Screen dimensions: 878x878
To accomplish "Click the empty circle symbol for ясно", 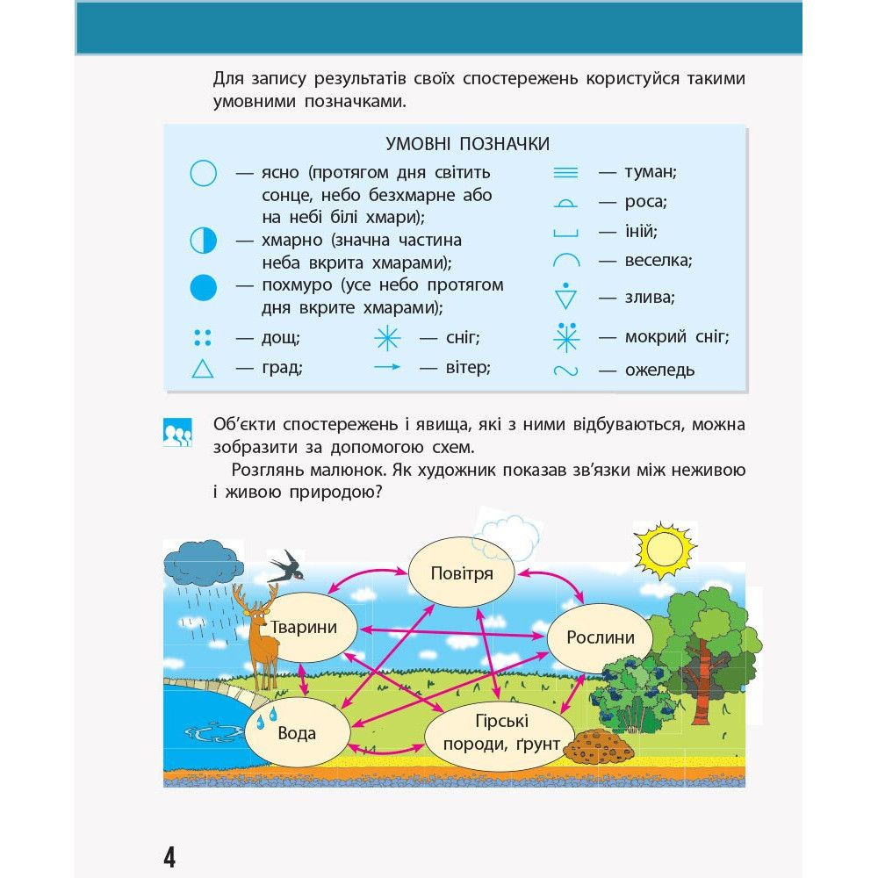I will (203, 173).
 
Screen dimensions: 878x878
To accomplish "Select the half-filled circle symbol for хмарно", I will (203, 241).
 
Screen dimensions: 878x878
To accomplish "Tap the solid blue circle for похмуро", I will (203, 286).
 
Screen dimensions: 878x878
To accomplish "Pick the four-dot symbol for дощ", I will (203, 336).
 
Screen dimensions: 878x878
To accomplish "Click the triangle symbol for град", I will (203, 369).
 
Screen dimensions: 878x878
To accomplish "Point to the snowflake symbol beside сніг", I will (387, 337).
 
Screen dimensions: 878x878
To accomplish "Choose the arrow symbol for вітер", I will (387, 367).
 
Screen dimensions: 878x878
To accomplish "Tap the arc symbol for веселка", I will (566, 261).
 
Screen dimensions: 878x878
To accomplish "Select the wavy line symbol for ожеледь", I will (566, 371).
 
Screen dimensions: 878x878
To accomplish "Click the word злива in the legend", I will (649, 298).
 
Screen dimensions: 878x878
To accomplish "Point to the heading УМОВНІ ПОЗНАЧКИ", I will (468, 143).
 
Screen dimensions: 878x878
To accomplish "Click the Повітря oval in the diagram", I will (462, 573).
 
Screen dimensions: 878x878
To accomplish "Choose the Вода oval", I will (297, 733).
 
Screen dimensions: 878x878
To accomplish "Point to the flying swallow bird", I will (288, 566).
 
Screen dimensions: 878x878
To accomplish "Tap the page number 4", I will (169, 856).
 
